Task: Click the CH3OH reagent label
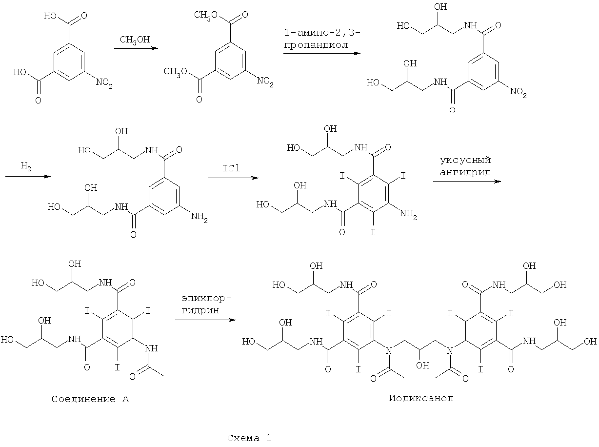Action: [135, 40]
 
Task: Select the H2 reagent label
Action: [26, 166]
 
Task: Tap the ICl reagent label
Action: [231, 168]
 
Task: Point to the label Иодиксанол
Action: [421, 398]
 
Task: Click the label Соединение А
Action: [90, 399]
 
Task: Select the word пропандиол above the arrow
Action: [316, 45]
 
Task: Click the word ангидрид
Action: [465, 172]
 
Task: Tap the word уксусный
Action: [465, 160]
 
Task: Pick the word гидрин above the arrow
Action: [200, 310]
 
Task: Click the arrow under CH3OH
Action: [136, 49]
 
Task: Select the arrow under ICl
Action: [233, 178]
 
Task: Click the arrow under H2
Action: [28, 177]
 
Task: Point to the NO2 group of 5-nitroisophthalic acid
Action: [104, 82]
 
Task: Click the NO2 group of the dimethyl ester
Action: [265, 81]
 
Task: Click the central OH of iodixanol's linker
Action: [423, 365]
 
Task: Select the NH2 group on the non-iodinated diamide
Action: [200, 217]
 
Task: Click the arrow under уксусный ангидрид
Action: [467, 181]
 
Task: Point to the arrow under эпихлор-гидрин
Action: [205, 320]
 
